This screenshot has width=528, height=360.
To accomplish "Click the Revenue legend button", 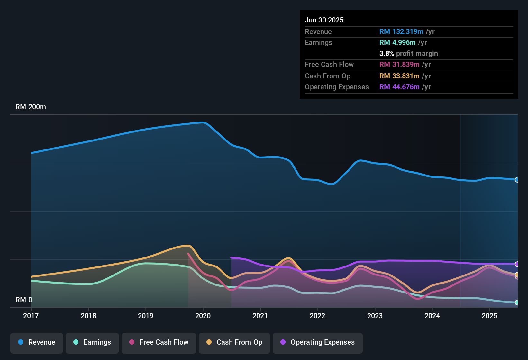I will point(37,342).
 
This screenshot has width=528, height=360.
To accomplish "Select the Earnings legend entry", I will point(92,342).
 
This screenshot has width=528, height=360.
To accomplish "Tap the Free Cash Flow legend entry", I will point(159,342).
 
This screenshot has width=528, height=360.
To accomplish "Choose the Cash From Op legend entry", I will point(234,342).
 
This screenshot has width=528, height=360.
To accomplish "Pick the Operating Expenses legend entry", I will point(318,342).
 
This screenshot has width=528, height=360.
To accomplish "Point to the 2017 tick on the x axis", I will point(31,316).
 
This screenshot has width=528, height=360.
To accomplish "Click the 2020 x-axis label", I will point(203,316).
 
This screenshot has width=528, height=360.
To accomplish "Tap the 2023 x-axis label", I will point(375,316).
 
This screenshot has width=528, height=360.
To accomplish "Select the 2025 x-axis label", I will point(489,316).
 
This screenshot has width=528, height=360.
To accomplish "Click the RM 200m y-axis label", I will point(31,107).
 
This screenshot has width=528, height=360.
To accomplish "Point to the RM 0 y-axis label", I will point(24,300).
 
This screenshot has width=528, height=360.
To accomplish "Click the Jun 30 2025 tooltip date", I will point(324,20).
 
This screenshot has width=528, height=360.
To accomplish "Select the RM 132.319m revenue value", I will point(401,32).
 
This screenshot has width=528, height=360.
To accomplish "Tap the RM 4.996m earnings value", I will point(397,43).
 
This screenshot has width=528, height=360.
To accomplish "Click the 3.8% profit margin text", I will point(408,54).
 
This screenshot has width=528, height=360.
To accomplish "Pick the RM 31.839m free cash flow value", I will point(399,65).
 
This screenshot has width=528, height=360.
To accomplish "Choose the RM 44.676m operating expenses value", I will point(399,87).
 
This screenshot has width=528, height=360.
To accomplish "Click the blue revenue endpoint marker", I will point(517,180).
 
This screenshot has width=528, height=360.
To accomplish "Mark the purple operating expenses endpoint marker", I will point(517,264).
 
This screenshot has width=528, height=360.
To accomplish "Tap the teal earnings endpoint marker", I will point(517,302).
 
